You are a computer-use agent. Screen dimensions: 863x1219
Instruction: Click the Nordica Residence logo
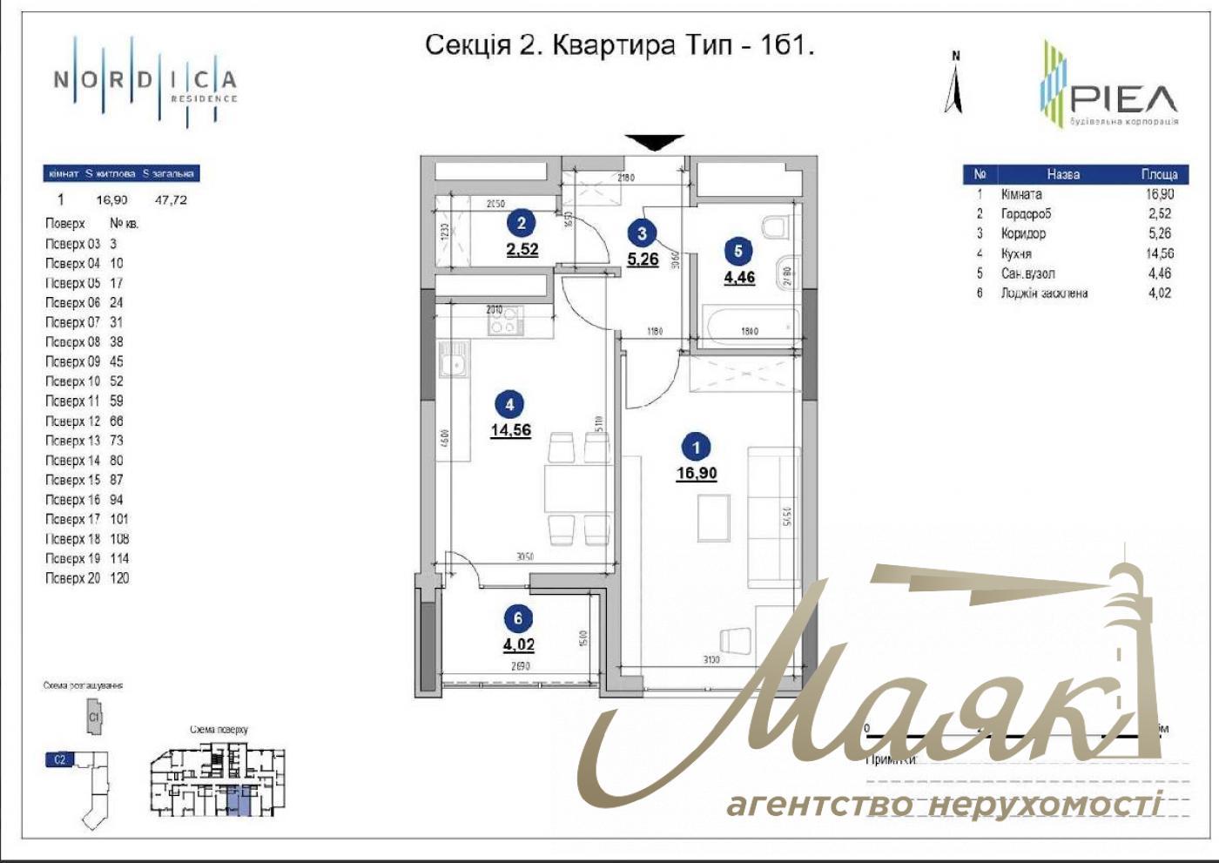tap(145, 82)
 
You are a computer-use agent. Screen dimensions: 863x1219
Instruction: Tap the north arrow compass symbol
tap(954, 84)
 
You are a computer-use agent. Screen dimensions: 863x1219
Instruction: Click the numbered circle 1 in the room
tap(696, 448)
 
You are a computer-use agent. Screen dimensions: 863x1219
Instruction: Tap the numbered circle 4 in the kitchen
tap(509, 404)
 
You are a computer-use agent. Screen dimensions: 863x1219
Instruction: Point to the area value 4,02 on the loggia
tap(518, 645)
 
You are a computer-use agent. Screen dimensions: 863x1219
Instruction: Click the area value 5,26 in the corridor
tap(643, 259)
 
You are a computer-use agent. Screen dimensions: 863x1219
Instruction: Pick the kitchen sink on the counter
tap(454, 360)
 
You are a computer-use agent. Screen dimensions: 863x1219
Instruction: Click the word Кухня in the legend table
tap(1016, 253)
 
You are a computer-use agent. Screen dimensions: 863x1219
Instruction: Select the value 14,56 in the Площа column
tap(1159, 253)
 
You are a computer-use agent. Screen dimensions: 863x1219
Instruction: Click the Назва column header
tap(1063, 174)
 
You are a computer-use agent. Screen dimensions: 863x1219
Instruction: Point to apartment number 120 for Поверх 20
tap(119, 578)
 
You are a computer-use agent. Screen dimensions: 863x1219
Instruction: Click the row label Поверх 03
tap(72, 244)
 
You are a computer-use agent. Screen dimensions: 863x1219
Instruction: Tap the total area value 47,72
tap(171, 199)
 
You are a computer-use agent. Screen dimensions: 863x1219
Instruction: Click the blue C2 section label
tap(59, 759)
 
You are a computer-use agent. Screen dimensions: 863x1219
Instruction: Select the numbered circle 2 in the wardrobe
tap(521, 223)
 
